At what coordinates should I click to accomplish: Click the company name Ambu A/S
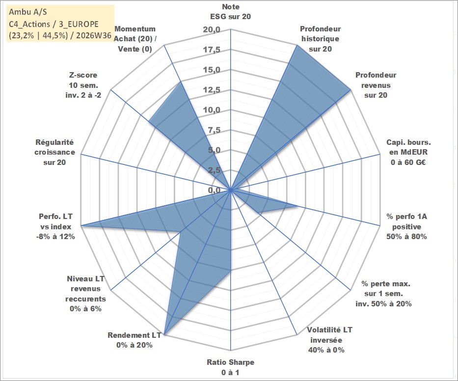coord(28,12)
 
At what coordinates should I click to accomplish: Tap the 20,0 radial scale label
coord(212,30)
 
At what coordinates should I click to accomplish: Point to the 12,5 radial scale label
coord(212,90)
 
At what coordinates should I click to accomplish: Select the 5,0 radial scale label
coord(214,150)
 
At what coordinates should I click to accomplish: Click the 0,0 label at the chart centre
coord(214,190)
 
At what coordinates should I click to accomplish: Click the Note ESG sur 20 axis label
coord(230,12)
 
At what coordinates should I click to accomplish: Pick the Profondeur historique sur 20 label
coord(321,39)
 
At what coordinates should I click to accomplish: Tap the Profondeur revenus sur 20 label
coord(376,85)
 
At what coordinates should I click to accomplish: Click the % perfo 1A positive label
coord(406,226)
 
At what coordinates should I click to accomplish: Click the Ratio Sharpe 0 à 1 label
coord(230,367)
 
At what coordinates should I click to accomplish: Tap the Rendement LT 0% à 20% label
coord(135,340)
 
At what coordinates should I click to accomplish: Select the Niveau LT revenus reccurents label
coord(85,294)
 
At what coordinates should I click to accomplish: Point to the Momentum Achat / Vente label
coord(135,39)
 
